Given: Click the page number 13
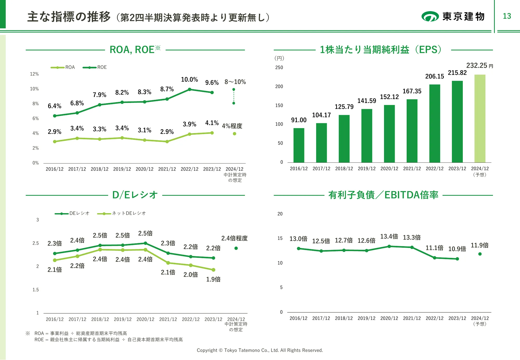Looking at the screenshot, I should click(x=507, y=16).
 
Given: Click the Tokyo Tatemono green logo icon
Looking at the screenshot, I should click(x=430, y=16).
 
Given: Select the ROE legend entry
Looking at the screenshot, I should click(x=95, y=67).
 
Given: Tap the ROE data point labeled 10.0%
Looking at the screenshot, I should click(x=190, y=89).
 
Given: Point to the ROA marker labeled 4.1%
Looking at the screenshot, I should click(x=212, y=133).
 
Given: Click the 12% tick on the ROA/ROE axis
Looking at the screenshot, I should click(x=34, y=74).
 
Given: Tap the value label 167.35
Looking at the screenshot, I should click(x=412, y=91).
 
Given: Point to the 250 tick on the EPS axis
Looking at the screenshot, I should click(x=279, y=68).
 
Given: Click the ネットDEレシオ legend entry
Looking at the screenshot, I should click(x=121, y=213).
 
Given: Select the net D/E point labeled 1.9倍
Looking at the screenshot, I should click(x=213, y=270).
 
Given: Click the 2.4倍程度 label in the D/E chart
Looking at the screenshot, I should click(x=234, y=238).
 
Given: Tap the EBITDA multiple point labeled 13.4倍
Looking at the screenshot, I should click(x=389, y=246).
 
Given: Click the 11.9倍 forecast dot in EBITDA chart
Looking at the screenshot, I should click(x=480, y=254).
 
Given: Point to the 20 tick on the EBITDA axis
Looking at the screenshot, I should click(x=280, y=214).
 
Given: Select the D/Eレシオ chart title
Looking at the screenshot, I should click(x=135, y=195).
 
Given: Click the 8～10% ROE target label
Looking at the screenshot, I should click(x=235, y=82).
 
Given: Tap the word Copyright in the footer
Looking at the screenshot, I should click(x=207, y=350).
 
